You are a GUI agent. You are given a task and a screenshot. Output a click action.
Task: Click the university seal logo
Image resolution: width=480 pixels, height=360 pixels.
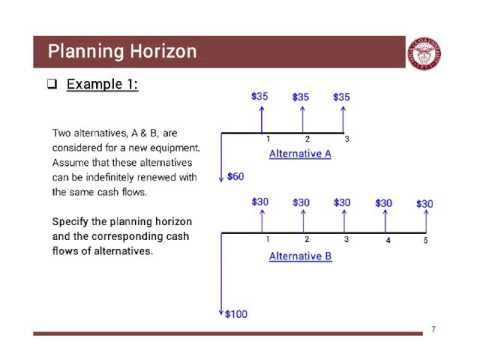pos(425,53)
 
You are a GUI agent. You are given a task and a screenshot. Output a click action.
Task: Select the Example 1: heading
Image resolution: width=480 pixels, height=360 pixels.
pos(102,84)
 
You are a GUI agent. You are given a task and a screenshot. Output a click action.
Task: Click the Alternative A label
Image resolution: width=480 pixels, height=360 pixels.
pos(300,154)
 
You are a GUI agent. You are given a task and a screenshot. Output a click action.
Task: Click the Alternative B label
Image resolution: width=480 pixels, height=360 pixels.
pos(300,257)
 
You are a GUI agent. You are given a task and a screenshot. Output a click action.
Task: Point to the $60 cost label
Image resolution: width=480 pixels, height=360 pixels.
pos(236,177)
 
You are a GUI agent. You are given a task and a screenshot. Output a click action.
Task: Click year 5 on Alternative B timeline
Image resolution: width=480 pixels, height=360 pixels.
pos(424,241)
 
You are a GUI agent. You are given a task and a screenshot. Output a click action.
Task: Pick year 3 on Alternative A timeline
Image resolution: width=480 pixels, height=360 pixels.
pos(346,138)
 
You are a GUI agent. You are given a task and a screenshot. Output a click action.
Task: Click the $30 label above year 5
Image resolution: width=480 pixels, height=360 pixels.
pos(424,203)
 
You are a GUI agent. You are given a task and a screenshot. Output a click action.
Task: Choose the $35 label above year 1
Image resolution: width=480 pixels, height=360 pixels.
pos(260,97)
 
